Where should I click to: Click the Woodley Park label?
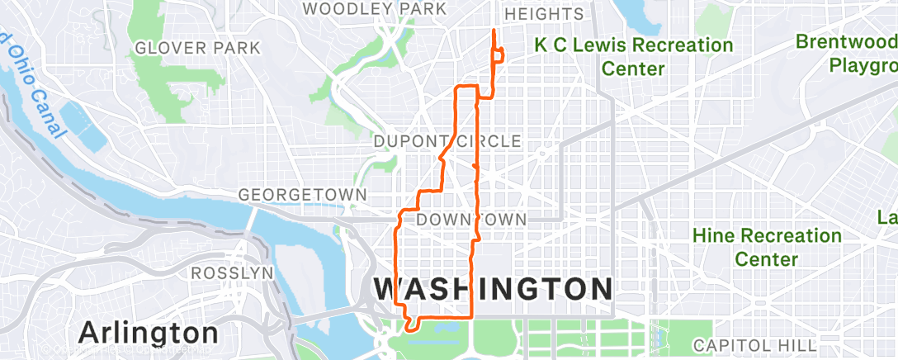375,9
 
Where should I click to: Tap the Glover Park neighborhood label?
197,48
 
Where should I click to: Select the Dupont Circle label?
447,141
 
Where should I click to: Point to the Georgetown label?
302,194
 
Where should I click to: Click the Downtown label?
471,220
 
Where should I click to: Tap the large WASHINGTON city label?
493,289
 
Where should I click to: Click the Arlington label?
149,333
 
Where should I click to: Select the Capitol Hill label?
754,343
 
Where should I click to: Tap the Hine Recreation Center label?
768,247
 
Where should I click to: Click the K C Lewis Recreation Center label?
633,56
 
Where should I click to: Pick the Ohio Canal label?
33,83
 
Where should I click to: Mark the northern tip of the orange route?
494,31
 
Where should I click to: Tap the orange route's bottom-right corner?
470,317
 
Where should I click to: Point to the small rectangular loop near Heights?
499,54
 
